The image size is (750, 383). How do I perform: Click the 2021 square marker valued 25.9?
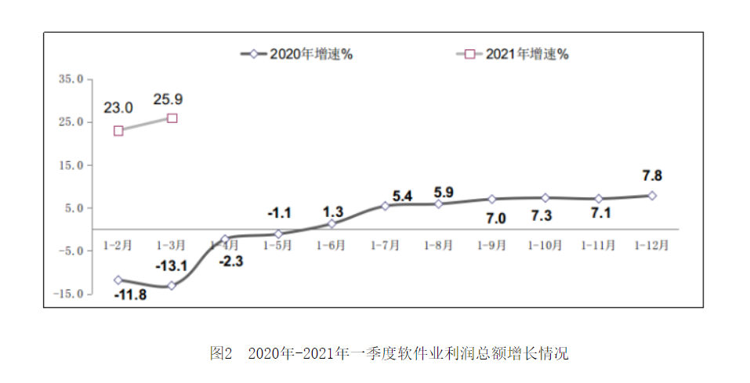(x=172, y=118)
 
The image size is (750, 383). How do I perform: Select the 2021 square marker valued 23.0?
(x=118, y=131)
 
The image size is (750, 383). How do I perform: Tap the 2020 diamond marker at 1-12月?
(x=652, y=195)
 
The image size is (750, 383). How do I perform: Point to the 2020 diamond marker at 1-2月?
(x=118, y=280)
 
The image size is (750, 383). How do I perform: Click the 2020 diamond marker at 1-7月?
(x=385, y=205)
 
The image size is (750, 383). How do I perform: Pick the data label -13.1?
(x=171, y=266)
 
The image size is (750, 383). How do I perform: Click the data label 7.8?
(x=652, y=175)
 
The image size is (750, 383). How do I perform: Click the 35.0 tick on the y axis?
(x=71, y=79)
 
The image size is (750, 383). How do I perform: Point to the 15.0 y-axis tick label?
(x=71, y=165)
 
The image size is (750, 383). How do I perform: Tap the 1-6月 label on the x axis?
(x=332, y=245)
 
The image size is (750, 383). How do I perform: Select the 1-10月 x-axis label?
(x=545, y=245)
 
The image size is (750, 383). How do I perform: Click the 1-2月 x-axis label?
(x=118, y=245)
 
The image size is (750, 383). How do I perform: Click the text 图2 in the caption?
(x=221, y=353)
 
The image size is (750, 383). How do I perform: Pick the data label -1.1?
(x=279, y=213)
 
